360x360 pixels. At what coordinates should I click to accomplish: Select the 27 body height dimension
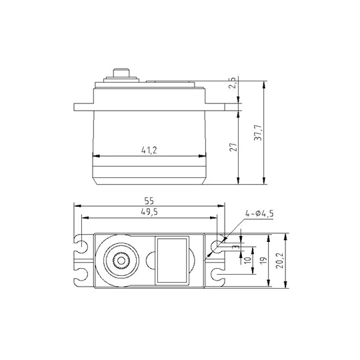tap(233, 147)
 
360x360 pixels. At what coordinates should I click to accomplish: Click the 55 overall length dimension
tap(149, 200)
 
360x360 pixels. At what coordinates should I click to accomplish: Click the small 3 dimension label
tap(235, 246)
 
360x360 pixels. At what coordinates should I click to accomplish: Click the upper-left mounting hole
tap(81, 247)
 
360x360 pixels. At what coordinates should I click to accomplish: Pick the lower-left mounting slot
tap(81, 273)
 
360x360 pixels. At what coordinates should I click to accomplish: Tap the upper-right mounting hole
tap(215, 247)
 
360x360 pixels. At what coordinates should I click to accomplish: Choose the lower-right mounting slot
tap(215, 273)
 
